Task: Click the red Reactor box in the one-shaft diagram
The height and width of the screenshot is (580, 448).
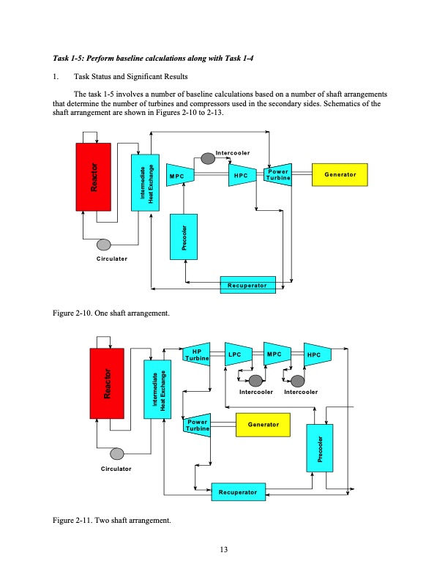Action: tap(93, 177)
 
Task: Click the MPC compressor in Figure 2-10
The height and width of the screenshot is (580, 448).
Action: tap(177, 176)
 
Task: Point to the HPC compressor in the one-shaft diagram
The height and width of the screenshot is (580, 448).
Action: tap(239, 176)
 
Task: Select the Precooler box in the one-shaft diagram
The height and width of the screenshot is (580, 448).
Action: tap(185, 236)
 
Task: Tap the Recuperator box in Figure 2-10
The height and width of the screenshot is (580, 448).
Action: tap(247, 284)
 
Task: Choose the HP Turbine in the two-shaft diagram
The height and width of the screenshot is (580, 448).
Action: tap(195, 354)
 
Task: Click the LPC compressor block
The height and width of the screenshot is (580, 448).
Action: tap(236, 354)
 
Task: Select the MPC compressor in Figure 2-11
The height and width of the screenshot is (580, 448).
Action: tap(275, 354)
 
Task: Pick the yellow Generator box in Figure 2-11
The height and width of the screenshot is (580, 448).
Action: tap(263, 424)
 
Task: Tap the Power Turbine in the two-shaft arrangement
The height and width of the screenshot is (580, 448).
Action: tap(195, 425)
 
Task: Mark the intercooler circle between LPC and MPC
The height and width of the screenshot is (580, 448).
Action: tap(255, 380)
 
